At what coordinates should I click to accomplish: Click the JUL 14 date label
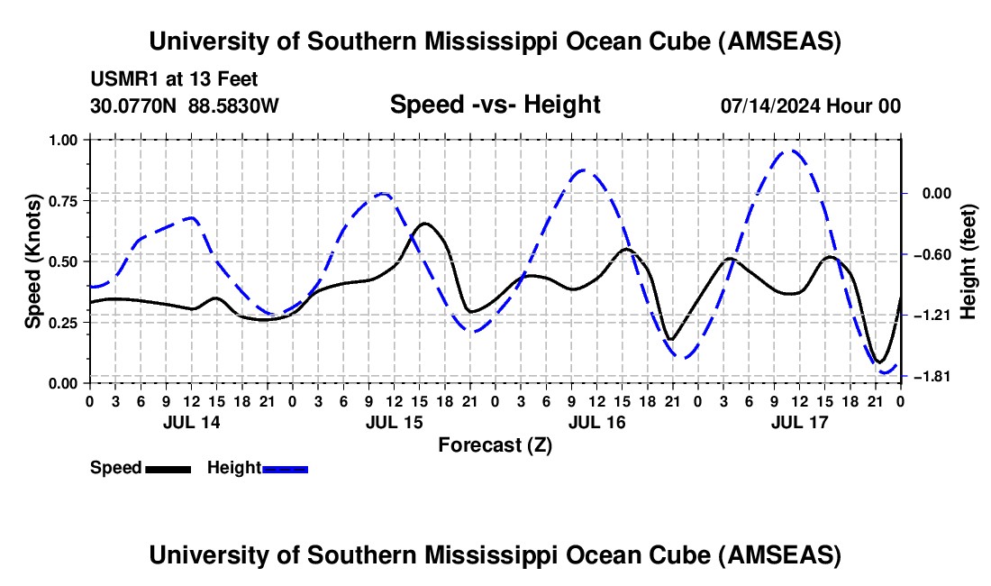click(x=190, y=422)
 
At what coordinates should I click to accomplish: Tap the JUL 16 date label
click(x=596, y=422)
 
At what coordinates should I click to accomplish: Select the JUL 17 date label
click(x=799, y=422)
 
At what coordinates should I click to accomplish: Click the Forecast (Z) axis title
click(x=495, y=444)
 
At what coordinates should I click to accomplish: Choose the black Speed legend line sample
click(x=168, y=468)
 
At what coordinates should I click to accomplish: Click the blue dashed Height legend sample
click(x=285, y=468)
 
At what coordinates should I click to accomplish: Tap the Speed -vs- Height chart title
click(x=495, y=105)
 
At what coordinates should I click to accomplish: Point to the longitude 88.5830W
click(x=233, y=105)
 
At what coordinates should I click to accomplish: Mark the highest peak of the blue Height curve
click(x=791, y=151)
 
